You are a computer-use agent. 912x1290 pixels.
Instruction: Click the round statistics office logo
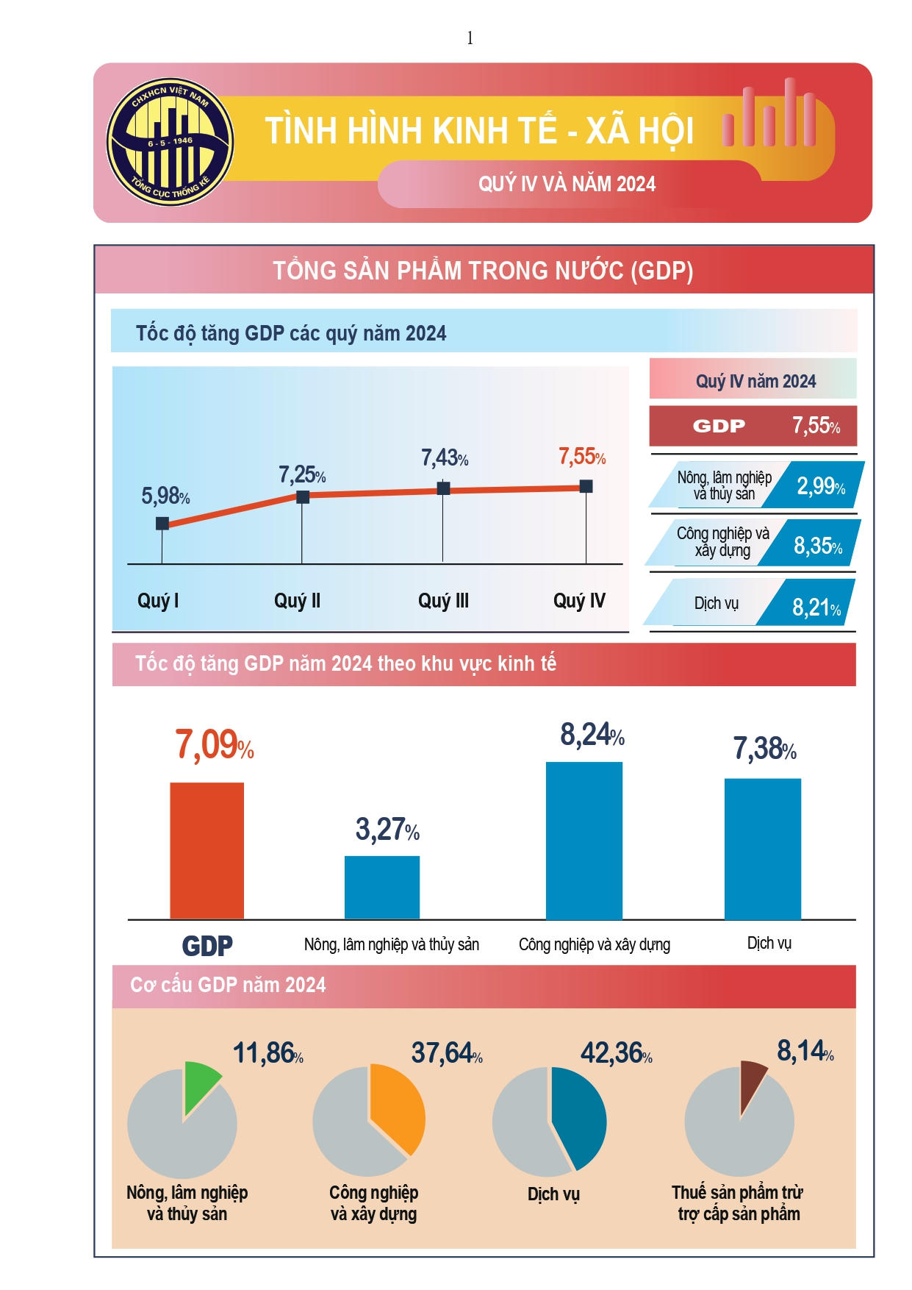(170, 142)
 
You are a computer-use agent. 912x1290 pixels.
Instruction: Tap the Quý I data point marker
(162, 524)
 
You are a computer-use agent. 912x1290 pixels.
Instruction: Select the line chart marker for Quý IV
(586, 486)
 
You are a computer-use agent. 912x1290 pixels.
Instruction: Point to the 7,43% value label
(444, 458)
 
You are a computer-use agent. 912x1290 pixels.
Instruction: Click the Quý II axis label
(297, 601)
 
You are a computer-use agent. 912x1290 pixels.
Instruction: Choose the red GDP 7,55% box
(753, 426)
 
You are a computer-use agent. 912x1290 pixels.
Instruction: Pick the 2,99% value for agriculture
(820, 485)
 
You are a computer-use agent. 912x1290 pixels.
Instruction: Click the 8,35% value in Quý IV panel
(817, 546)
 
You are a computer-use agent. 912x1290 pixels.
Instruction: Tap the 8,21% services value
(816, 607)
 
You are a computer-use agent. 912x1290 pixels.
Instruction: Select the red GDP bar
(207, 850)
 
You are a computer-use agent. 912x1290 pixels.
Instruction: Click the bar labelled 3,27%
(382, 887)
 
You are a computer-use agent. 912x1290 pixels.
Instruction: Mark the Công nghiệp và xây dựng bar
(584, 840)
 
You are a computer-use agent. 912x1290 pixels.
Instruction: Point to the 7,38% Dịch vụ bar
(762, 849)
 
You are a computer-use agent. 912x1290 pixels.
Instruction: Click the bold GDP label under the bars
(207, 946)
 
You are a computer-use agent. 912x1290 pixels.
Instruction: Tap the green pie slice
(200, 1086)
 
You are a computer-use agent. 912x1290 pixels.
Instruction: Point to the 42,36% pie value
(616, 1053)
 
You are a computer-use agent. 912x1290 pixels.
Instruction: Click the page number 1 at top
(470, 38)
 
